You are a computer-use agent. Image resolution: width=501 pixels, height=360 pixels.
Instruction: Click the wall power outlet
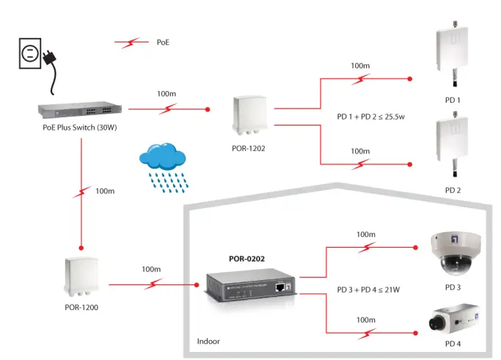point(28,53)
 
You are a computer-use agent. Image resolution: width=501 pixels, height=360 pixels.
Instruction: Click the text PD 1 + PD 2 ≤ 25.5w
point(372,116)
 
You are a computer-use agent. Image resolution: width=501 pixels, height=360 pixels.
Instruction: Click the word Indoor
point(208,342)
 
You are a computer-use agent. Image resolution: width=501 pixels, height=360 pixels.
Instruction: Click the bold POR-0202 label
point(246,258)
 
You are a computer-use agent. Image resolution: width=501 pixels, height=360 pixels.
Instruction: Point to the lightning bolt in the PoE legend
point(132,43)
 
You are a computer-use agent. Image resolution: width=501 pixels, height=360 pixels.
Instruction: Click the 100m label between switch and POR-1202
point(167,94)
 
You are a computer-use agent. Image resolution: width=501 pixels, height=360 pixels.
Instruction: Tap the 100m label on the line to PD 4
point(365,320)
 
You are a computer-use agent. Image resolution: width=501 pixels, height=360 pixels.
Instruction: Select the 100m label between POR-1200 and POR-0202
point(151,269)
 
